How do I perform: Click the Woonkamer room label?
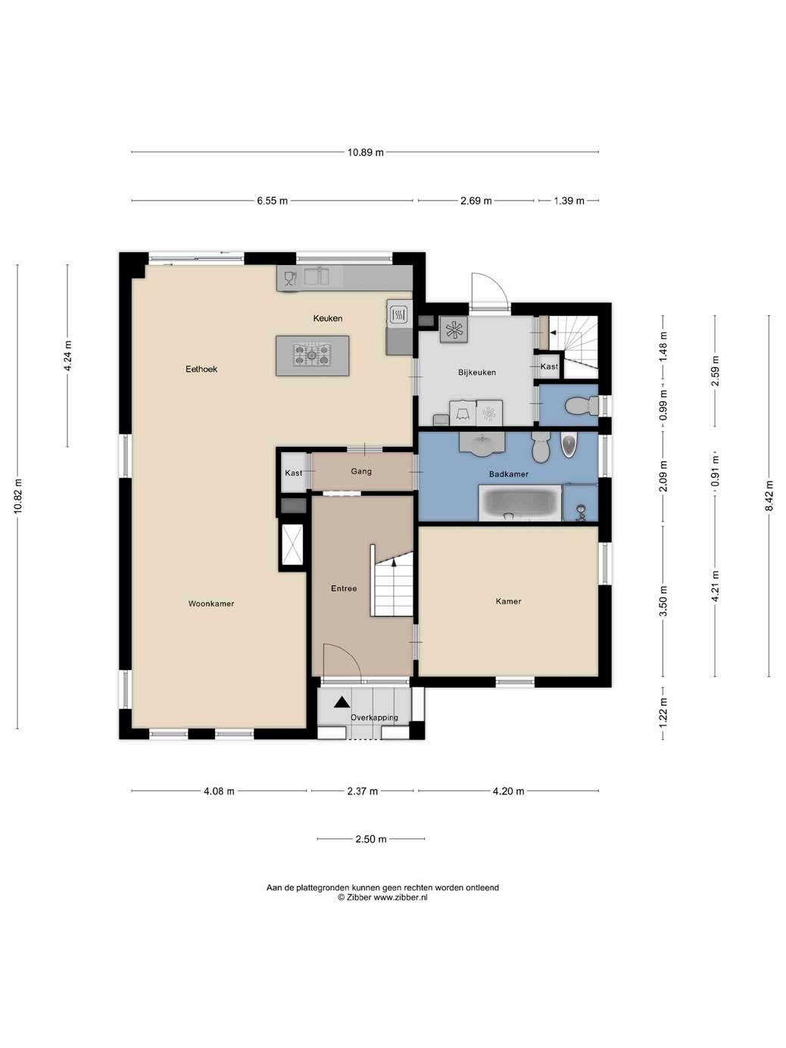coord(211,604)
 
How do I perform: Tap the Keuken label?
coord(327,318)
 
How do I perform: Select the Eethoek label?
coord(201,369)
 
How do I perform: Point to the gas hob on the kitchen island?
coord(312,355)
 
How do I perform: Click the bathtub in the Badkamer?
coord(520,503)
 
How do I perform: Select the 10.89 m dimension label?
coord(366,152)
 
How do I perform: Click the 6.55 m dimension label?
coord(272,201)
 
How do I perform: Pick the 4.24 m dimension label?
coord(67,355)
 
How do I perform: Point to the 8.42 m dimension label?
coord(769,495)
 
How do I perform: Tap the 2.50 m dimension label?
coord(371,839)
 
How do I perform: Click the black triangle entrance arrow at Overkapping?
coord(342,702)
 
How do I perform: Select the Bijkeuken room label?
coord(477,372)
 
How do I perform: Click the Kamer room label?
coord(508,601)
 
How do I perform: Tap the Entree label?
coord(344,588)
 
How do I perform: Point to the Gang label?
coord(361,471)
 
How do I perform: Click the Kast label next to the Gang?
coord(294,473)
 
